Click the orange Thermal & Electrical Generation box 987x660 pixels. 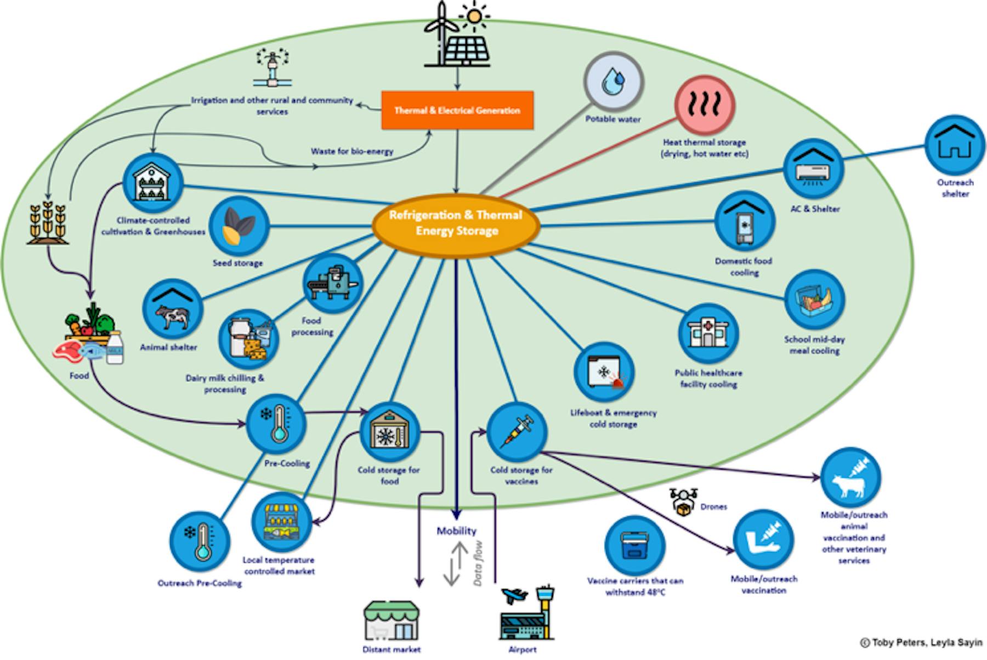pyautogui.click(x=457, y=110)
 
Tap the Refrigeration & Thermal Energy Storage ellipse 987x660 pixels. pyautogui.click(x=456, y=223)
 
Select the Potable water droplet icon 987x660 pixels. pyautogui.click(x=613, y=82)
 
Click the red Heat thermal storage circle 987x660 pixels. pyautogui.click(x=704, y=104)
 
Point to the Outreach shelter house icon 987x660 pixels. pyautogui.click(x=955, y=144)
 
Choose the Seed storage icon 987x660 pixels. pyautogui.click(x=239, y=225)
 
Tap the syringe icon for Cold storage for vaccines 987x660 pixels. pyautogui.click(x=517, y=431)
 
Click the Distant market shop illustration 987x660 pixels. pyautogui.click(x=392, y=619)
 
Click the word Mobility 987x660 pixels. pyautogui.click(x=456, y=531)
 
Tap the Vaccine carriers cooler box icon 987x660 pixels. pyautogui.click(x=634, y=545)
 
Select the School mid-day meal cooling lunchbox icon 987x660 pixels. pyautogui.click(x=814, y=300)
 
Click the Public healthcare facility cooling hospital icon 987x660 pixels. pyautogui.click(x=708, y=333)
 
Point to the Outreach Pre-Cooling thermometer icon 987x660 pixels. pyautogui.click(x=200, y=541)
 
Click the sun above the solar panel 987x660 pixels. pyautogui.click(x=475, y=15)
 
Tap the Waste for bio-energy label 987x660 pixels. pyautogui.click(x=352, y=151)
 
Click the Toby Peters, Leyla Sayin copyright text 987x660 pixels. pyautogui.click(x=921, y=642)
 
